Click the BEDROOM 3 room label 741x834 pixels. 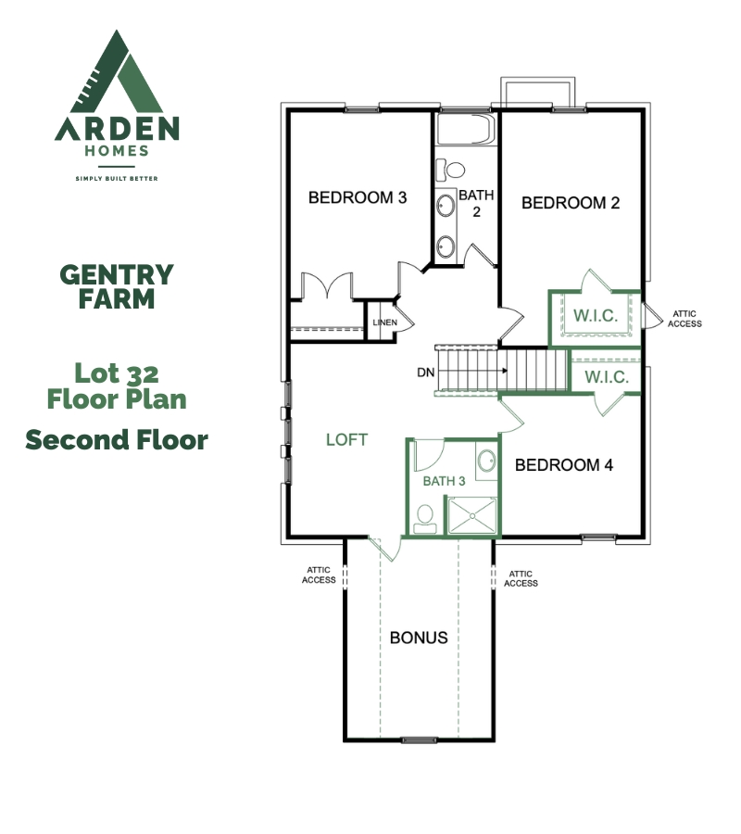pyautogui.click(x=358, y=198)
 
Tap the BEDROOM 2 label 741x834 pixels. pyautogui.click(x=571, y=203)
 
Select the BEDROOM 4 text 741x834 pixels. pyautogui.click(x=563, y=465)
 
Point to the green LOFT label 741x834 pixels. pyautogui.click(x=346, y=440)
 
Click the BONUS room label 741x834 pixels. pyautogui.click(x=419, y=638)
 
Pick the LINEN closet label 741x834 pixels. pyautogui.click(x=384, y=322)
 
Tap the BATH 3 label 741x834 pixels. pyautogui.click(x=444, y=481)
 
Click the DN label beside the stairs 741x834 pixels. pyautogui.click(x=425, y=373)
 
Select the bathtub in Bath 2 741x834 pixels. pyautogui.click(x=466, y=129)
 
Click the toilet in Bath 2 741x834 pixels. pyautogui.click(x=450, y=171)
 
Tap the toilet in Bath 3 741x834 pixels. pyautogui.click(x=425, y=519)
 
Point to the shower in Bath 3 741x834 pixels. pyautogui.click(x=472, y=515)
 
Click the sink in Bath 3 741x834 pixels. pyautogui.click(x=486, y=461)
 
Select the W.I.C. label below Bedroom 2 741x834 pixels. pyautogui.click(x=596, y=316)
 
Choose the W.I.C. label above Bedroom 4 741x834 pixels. pyautogui.click(x=607, y=378)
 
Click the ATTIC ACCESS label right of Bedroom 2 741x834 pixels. pyautogui.click(x=684, y=319)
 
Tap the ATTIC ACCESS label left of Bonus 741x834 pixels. pyautogui.click(x=319, y=575)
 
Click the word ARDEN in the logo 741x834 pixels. pyautogui.click(x=117, y=129)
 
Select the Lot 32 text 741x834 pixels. pyautogui.click(x=117, y=373)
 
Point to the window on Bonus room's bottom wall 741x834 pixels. pyautogui.click(x=419, y=739)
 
